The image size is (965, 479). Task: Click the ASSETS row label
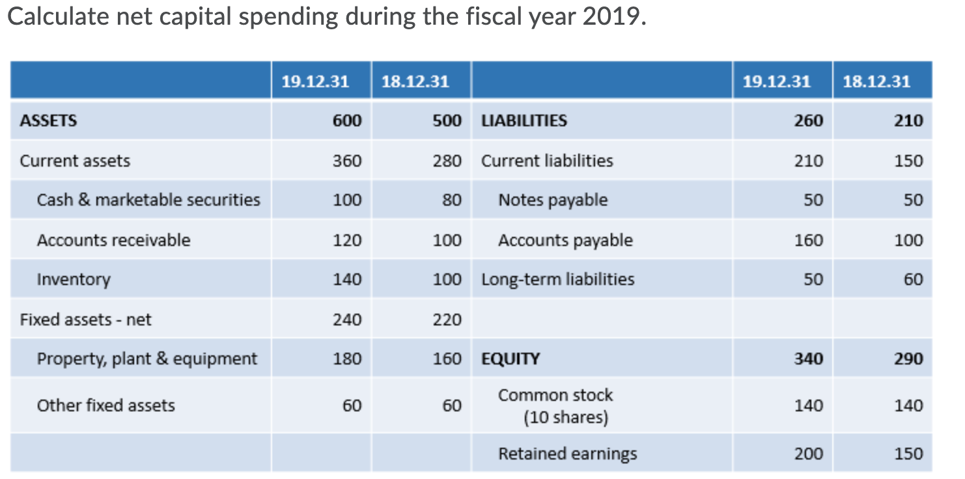48,120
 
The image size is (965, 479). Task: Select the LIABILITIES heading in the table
524,120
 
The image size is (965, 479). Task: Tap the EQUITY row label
510,359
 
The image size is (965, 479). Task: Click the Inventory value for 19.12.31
347,279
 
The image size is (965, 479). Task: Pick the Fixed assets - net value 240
347,320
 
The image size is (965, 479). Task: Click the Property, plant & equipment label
147,359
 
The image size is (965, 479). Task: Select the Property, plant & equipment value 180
347,359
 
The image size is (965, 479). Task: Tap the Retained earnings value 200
808,454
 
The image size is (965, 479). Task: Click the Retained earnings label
568,454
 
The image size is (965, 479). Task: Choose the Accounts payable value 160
808,240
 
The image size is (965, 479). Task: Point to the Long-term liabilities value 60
913,279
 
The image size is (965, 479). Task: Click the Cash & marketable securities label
148,200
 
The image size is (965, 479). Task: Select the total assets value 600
347,120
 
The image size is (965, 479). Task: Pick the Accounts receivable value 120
347,240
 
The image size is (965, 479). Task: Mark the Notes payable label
553,200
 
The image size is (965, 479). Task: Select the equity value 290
908,359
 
